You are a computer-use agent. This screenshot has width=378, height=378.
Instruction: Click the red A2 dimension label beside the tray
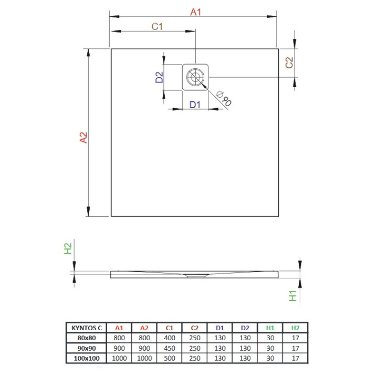[x=82, y=138]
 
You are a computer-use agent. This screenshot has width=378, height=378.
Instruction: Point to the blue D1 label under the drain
[x=195, y=104]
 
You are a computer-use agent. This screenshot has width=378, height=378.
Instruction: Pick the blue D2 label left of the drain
[x=160, y=78]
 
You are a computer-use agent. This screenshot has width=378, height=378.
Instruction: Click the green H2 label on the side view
[x=68, y=248]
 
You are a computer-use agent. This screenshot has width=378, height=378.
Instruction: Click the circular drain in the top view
[x=196, y=78]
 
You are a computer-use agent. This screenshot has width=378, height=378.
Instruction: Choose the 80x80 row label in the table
[x=85, y=338]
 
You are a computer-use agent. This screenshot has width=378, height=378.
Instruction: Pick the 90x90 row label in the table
[x=85, y=348]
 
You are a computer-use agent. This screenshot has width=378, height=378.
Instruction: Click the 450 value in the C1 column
[x=169, y=348]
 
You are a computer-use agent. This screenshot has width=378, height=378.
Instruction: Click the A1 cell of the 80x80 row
[x=119, y=338]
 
